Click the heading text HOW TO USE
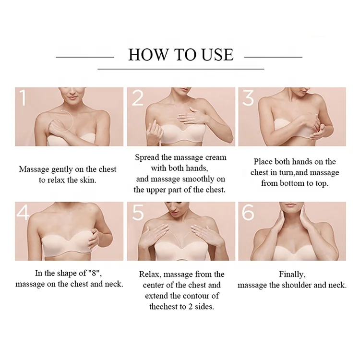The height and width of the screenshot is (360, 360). click(x=180, y=54)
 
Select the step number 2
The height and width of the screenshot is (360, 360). click(x=138, y=98)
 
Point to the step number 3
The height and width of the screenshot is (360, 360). click(x=248, y=98)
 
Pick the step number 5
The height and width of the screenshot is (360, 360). click(x=138, y=213)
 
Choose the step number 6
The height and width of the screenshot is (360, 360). click(x=248, y=213)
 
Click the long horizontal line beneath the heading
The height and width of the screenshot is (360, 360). click(x=180, y=69)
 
